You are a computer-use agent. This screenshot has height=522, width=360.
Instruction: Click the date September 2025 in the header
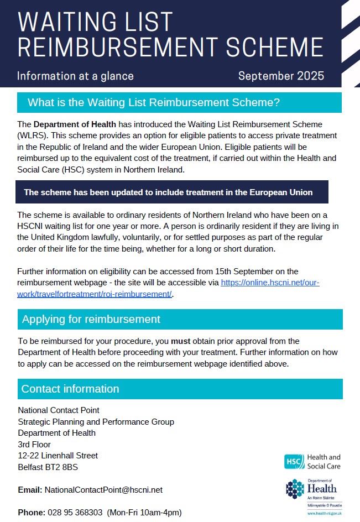coord(281,76)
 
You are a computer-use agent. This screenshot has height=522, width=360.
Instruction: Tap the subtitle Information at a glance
coord(75,76)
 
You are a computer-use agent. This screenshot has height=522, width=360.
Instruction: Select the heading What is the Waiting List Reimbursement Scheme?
coord(154,103)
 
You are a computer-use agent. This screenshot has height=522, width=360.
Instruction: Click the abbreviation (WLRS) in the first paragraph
coord(31,135)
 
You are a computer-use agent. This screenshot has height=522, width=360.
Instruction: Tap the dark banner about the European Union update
coord(168,192)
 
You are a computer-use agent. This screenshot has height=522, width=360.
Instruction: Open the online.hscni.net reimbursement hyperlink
coord(270,283)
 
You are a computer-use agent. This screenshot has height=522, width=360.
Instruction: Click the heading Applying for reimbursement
coord(91,319)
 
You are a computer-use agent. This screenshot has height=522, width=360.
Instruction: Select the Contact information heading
coord(70,389)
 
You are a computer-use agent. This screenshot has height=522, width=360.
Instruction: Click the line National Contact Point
coord(59,410)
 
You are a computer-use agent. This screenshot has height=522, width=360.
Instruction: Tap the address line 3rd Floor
coord(34,445)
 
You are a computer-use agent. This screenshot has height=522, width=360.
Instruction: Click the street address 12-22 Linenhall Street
coord(58,456)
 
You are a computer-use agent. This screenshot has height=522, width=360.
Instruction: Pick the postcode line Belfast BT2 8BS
coord(48,467)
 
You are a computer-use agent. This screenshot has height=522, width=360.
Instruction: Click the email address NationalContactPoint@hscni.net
coord(103,490)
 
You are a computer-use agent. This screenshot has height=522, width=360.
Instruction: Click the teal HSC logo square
coord(294,462)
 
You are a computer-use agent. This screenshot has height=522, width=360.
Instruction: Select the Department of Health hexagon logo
coord(295,489)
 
